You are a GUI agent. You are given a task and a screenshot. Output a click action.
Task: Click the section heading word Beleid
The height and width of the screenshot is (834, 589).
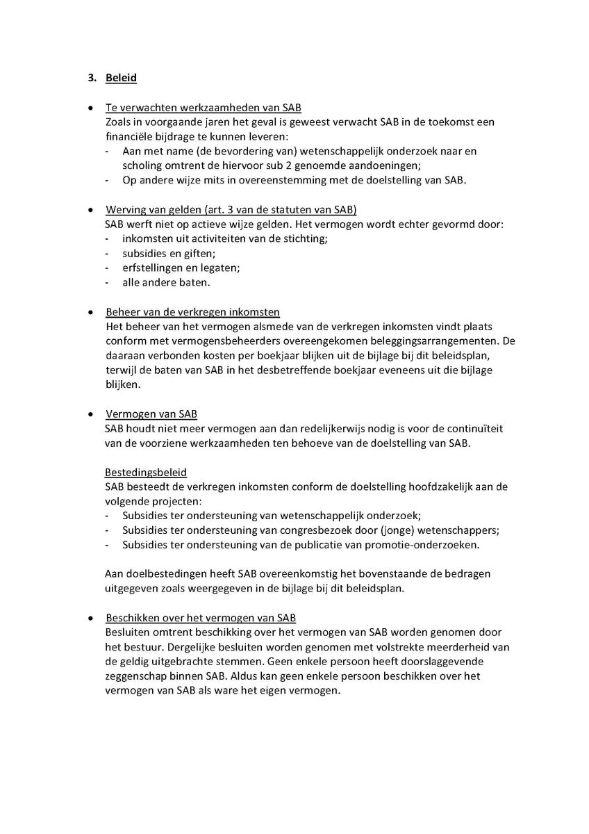coord(121,78)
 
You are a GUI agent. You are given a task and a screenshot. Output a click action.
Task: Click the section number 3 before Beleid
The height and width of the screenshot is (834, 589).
coord(91,78)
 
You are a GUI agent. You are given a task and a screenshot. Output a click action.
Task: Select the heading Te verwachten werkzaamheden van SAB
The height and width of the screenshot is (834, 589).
coord(203,108)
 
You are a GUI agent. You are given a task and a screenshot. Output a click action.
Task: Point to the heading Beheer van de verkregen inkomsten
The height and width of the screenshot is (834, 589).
coord(192,311)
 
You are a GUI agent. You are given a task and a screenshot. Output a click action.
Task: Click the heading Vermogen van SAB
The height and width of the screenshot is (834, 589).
coord(151,414)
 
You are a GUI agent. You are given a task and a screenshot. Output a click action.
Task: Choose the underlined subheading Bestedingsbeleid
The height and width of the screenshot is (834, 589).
coord(146,473)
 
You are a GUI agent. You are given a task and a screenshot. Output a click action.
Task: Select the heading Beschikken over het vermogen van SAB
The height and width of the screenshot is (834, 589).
coord(201,617)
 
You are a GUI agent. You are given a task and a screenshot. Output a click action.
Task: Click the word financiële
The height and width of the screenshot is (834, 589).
coord(128,136)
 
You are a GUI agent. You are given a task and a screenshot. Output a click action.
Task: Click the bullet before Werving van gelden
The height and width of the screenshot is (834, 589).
coord(91,210)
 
